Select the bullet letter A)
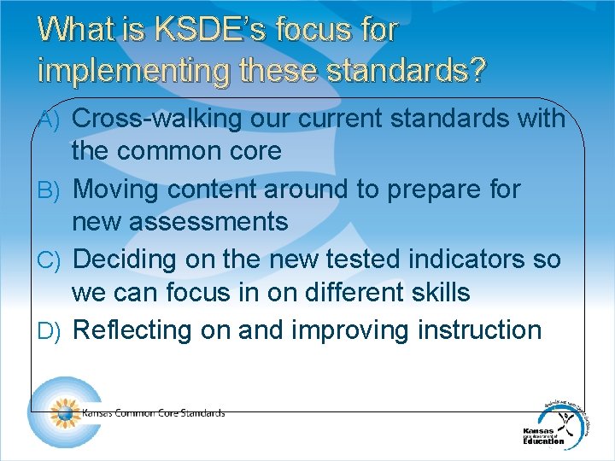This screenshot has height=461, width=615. click(x=48, y=120)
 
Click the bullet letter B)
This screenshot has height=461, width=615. click(x=48, y=190)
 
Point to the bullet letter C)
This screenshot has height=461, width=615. click(x=48, y=260)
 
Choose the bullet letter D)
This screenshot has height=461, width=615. click(x=48, y=330)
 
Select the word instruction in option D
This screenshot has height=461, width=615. click(x=476, y=330)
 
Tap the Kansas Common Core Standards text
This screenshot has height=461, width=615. click(x=154, y=413)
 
